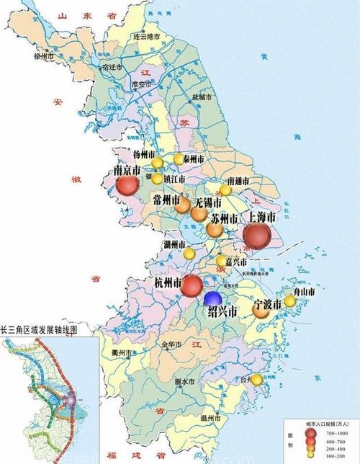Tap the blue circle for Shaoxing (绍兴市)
click(x=212, y=298)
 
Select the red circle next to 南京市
click(x=127, y=186)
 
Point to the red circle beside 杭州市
click(x=192, y=286)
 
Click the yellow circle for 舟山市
click(x=289, y=301)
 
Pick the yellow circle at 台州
click(x=256, y=379)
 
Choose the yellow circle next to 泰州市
click(x=179, y=159)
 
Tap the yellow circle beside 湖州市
click(x=189, y=254)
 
